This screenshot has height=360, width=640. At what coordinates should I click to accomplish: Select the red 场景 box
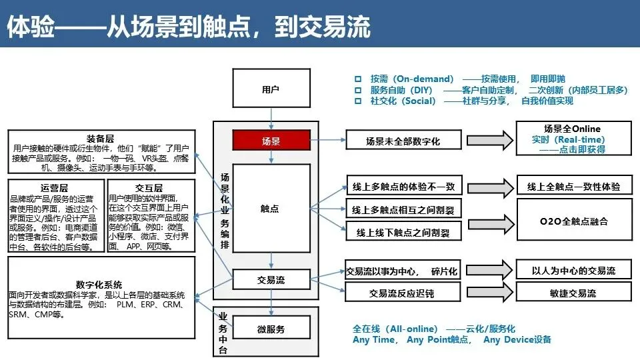(x=271, y=141)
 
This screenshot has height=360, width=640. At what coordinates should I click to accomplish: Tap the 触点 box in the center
(x=271, y=208)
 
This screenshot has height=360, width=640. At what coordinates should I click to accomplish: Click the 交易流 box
(x=271, y=280)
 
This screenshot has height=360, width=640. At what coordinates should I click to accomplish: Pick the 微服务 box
(x=271, y=329)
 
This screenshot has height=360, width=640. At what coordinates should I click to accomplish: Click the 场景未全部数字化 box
(x=403, y=141)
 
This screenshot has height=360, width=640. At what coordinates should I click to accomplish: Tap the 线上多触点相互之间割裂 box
(x=403, y=209)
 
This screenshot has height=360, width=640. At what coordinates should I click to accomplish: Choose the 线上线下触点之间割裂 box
(x=403, y=233)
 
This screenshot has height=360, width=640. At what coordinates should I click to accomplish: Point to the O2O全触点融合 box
(x=574, y=221)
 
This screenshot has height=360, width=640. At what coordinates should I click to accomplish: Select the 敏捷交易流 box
(x=574, y=293)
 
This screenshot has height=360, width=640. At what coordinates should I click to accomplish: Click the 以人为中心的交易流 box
(x=574, y=271)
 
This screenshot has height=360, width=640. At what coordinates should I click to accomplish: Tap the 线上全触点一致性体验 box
(x=574, y=187)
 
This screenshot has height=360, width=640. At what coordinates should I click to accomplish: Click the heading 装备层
(x=101, y=138)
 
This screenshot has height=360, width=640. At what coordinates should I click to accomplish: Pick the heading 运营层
(x=55, y=188)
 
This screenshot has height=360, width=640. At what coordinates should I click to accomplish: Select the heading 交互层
(x=149, y=188)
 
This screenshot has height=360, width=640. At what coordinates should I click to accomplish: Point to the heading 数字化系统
(x=99, y=285)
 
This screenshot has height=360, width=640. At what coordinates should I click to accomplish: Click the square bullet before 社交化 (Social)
(x=358, y=101)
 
